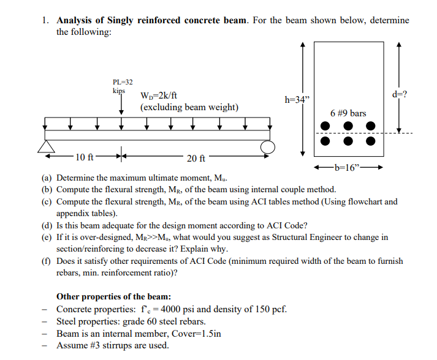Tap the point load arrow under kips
[x=121, y=105]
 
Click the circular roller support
[x=268, y=148]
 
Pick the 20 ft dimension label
[x=196, y=159]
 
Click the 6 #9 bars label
[x=348, y=113]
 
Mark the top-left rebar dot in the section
[x=325, y=126]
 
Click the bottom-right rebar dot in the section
[x=370, y=140]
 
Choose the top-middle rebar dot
[x=348, y=126]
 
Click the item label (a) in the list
[x=47, y=178]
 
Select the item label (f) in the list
[x=47, y=261]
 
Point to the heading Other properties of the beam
[x=113, y=297]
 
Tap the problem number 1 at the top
[x=45, y=20]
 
